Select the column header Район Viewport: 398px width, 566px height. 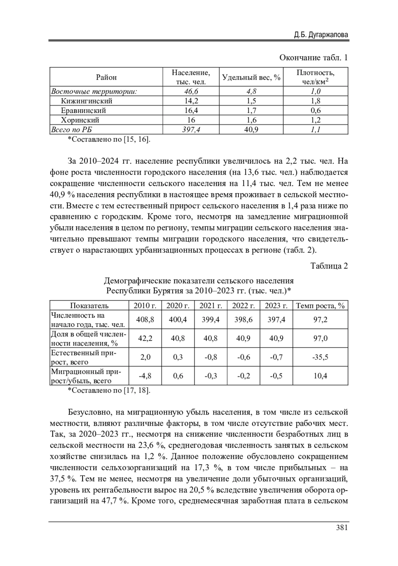coord(106,77)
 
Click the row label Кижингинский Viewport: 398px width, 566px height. coord(87,101)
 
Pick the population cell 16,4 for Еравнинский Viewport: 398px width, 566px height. coord(191,111)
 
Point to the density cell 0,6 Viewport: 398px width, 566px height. coord(315,111)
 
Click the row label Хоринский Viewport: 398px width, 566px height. coord(80,120)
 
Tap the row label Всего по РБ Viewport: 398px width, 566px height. coord(71,129)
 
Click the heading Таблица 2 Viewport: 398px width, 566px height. coord(329,266)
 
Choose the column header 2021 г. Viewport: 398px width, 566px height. coord(211,306)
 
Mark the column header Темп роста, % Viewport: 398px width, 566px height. coord(320,306)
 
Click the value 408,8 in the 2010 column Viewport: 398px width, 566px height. coord(145,320)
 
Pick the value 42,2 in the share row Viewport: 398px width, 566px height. coord(145,338)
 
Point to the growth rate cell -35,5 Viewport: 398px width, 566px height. coord(320,357)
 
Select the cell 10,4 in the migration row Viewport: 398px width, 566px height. coord(320,376)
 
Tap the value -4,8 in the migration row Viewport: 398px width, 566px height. coord(145,376)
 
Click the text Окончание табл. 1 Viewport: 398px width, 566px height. coord(313,58)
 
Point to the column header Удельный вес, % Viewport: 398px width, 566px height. coord(251,77)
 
